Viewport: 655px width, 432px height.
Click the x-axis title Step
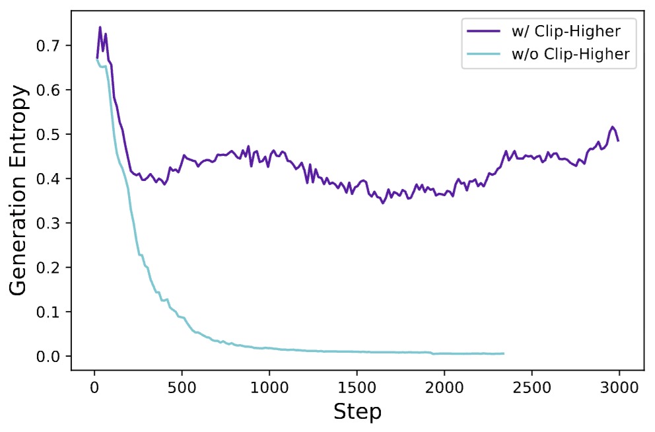357,412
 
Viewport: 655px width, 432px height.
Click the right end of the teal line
504,353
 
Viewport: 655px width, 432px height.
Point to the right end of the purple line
618,141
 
